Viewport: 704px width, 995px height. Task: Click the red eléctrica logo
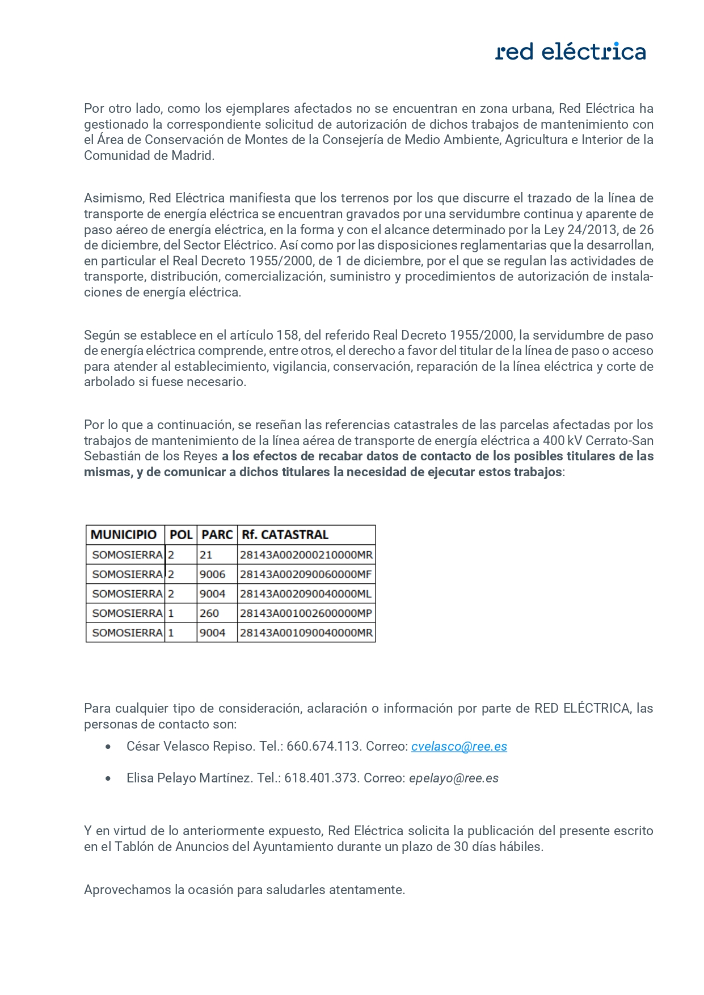570,52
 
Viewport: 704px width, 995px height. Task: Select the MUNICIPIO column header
124,535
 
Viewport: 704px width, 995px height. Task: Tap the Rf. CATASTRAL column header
285,535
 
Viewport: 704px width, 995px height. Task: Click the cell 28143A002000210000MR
306,554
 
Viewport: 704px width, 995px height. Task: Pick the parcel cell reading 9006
213,574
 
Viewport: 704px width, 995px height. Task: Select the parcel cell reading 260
209,613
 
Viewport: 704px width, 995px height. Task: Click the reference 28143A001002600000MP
306,613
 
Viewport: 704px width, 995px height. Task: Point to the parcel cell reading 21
206,554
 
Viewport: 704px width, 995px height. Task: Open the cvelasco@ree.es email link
459,746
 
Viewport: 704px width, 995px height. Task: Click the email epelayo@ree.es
454,778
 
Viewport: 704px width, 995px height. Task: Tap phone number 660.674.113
323,746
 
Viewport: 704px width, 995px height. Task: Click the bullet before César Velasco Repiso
108,747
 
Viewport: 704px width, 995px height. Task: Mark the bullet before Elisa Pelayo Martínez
108,778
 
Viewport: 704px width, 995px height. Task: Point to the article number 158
287,335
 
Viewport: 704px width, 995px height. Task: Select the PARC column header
217,535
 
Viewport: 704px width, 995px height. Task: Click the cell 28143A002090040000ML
306,594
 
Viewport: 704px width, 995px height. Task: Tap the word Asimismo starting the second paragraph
114,198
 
